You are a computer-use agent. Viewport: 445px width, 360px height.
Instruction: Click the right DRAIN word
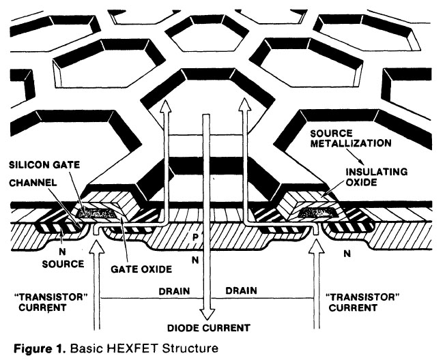[x=243, y=290]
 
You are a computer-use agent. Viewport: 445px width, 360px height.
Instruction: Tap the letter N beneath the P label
[x=195, y=259]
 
